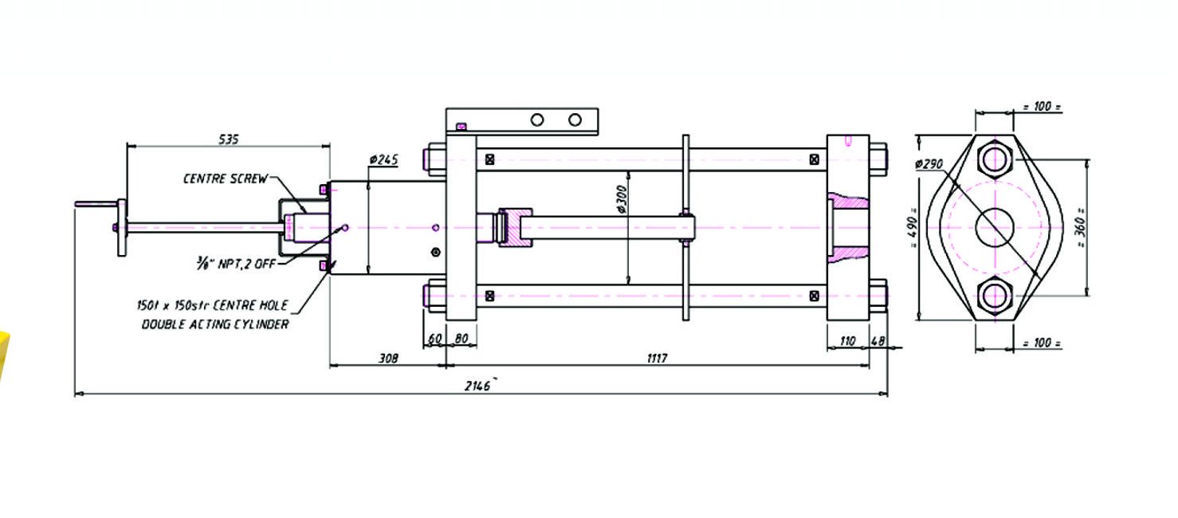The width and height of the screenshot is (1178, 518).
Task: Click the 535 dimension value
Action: pos(228,139)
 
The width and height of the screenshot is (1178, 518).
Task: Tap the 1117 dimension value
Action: pos(656,359)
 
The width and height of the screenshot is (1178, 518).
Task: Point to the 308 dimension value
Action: pos(387,359)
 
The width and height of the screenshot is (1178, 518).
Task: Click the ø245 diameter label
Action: pos(383,159)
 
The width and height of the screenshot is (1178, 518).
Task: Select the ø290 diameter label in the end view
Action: pos(929,164)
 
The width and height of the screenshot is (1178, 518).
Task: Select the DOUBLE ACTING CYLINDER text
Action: pos(215,324)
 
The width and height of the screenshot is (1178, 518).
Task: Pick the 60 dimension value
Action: pos(434,339)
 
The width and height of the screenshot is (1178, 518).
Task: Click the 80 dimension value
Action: pos(461,339)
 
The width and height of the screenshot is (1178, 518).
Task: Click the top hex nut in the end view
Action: pos(995,159)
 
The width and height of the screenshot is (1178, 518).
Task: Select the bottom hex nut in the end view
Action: pos(995,296)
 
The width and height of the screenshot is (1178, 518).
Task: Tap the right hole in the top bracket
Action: pos(575,120)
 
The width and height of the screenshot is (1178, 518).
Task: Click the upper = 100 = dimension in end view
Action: pos(1042,106)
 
